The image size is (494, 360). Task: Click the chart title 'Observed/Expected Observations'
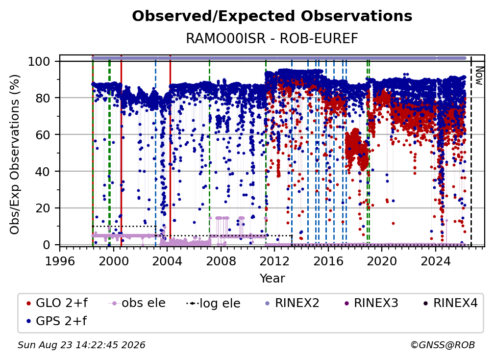[272, 16]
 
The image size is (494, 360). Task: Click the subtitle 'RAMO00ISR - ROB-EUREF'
[272, 38]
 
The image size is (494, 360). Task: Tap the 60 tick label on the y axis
[43, 134]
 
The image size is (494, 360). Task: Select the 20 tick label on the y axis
[43, 208]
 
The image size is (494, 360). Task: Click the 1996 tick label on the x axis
[60, 261]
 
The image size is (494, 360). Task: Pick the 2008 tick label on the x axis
[221, 261]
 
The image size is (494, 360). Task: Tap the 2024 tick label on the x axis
[435, 261]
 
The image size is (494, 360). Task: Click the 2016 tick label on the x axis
[328, 261]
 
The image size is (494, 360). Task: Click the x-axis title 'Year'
[272, 279]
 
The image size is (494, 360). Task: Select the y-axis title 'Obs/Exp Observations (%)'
[15, 154]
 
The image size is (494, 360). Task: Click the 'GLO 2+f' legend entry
[57, 303]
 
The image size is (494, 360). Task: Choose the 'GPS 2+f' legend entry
[57, 321]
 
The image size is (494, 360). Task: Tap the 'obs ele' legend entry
[137, 303]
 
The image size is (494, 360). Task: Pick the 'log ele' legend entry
[213, 303]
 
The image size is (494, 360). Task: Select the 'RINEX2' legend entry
[293, 303]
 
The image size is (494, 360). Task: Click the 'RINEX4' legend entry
[450, 303]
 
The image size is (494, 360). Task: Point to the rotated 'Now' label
[479, 76]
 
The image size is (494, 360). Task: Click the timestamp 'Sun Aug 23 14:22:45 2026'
[81, 345]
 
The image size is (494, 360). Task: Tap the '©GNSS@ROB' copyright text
[443, 345]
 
